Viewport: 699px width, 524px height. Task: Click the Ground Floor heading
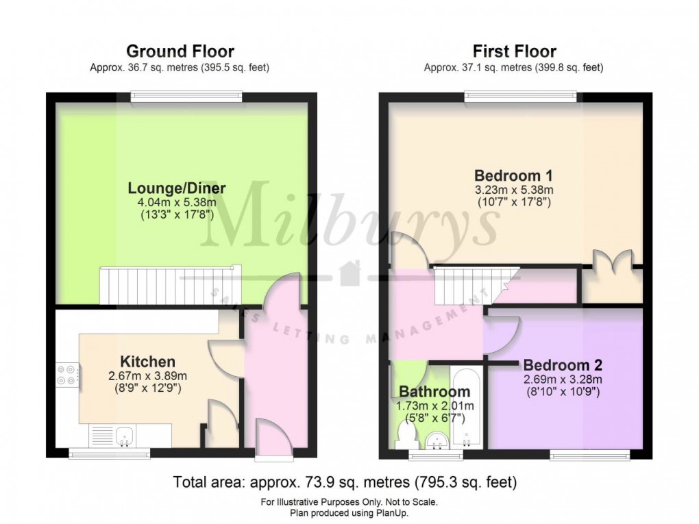coord(180,51)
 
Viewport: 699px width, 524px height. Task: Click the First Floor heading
coord(514,51)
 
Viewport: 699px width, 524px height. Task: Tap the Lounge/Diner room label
coord(177,188)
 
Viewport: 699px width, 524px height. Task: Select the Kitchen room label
coord(147,362)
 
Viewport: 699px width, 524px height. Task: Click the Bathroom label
coord(434,392)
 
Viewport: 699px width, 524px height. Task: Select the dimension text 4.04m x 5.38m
coord(177,203)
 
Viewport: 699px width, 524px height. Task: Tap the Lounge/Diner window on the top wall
coord(187,97)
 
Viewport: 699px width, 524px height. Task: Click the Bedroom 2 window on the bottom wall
coord(590,453)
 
